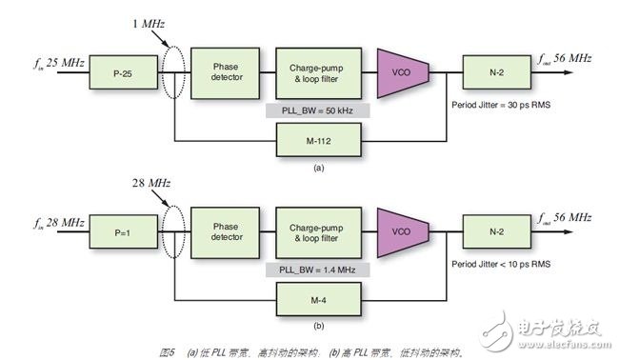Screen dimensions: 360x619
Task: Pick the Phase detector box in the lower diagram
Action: (224, 230)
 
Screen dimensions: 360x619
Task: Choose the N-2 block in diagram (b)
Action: (493, 230)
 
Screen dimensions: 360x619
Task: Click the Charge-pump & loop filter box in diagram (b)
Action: (316, 230)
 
